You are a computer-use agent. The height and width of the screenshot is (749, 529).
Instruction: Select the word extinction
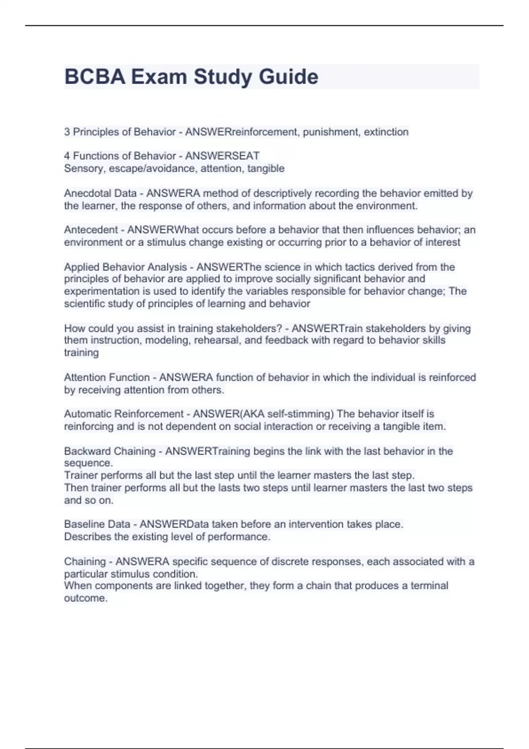click(x=386, y=132)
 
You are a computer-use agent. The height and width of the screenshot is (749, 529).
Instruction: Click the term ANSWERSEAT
click(x=222, y=156)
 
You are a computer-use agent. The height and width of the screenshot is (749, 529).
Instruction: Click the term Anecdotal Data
click(x=100, y=193)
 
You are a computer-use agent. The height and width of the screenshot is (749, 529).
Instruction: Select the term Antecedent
click(x=91, y=230)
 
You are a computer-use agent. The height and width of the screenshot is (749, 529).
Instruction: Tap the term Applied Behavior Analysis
click(x=126, y=267)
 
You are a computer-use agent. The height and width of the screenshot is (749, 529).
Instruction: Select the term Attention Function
click(x=107, y=378)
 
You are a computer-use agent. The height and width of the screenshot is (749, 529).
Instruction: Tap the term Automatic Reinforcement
click(x=123, y=414)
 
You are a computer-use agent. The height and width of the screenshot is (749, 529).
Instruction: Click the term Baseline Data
click(x=97, y=524)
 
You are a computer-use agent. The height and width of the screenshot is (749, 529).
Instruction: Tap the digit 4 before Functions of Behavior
click(x=67, y=156)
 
